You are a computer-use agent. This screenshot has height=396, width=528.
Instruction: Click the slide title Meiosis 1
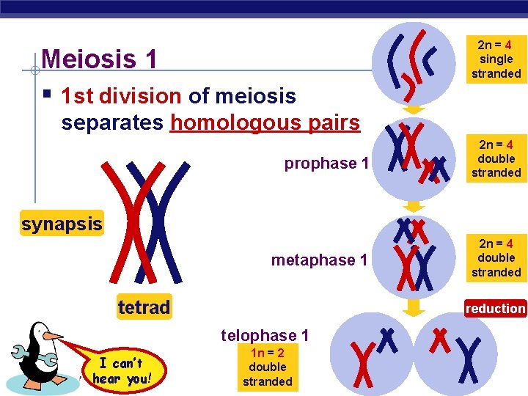pyautogui.click(x=100, y=59)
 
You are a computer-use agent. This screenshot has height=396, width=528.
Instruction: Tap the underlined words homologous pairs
pyautogui.click(x=265, y=122)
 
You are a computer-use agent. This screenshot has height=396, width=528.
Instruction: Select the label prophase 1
pyautogui.click(x=326, y=163)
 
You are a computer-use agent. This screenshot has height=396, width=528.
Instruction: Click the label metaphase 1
pyautogui.click(x=319, y=260)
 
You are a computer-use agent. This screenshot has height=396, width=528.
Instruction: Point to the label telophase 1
pyautogui.click(x=265, y=335)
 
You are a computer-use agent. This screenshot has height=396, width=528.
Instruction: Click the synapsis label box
pyautogui.click(x=62, y=224)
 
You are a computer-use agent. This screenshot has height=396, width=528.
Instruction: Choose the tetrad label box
pyautogui.click(x=144, y=307)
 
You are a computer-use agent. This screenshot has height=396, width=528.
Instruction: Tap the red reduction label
pyautogui.click(x=495, y=309)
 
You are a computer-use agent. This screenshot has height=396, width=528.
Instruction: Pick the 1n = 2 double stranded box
pyautogui.click(x=267, y=367)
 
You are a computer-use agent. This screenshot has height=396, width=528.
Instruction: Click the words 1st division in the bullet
pyautogui.click(x=121, y=96)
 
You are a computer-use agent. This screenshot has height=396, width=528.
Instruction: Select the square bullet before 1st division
pyautogui.click(x=46, y=95)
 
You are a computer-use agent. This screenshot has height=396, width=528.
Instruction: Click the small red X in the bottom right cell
pyautogui.click(x=440, y=339)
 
